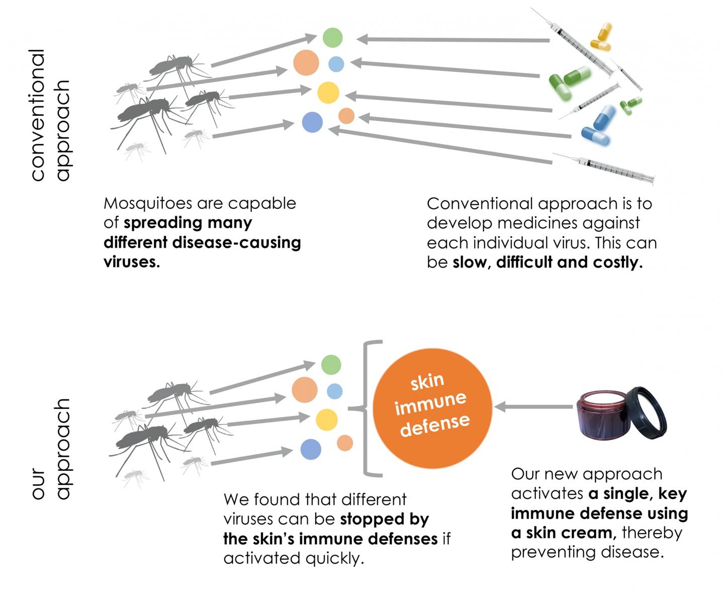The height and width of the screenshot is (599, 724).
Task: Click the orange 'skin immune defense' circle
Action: [432, 407]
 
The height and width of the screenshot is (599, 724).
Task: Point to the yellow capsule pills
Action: [601, 37]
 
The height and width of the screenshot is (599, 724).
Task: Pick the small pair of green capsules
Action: [630, 105]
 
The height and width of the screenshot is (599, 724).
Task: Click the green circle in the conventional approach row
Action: [332, 38]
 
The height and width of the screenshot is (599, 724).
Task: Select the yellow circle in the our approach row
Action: [326, 419]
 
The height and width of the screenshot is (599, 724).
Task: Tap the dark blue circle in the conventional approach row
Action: [312, 122]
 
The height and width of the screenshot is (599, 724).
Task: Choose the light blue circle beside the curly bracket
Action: [334, 391]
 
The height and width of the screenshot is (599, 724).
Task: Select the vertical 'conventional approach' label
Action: [50, 115]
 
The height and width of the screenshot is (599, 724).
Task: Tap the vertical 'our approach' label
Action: [50, 449]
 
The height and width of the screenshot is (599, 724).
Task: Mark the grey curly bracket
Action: [370, 408]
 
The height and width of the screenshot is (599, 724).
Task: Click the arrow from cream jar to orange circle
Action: [533, 407]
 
